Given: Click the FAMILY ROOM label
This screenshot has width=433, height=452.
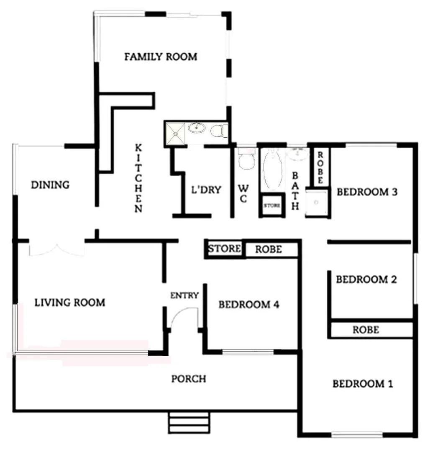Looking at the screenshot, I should point(161,56).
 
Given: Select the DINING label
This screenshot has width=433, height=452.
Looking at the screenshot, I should point(50,185).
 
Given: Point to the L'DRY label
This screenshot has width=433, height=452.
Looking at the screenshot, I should point(206,190).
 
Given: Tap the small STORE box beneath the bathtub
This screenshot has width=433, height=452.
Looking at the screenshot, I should point(272,206).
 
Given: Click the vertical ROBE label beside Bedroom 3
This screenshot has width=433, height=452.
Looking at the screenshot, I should point(320,167).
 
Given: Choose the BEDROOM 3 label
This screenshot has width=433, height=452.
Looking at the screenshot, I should point(366,192).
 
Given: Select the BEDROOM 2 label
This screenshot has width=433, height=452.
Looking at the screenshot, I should point(366,279).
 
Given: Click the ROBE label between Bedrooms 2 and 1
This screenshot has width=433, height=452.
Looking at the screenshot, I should point(366,330).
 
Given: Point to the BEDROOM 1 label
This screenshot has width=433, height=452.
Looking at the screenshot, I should point(363,384).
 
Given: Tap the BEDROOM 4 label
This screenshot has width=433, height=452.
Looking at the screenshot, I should point(249,304).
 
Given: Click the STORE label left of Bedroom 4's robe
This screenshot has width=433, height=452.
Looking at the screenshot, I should point(225,249).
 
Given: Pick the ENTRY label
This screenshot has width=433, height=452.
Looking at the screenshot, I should point(184,295).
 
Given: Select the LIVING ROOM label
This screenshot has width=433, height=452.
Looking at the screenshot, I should point(69,302).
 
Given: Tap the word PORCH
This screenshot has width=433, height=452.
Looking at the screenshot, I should point(189,379).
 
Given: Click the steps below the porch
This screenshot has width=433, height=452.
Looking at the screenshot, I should point(189,422).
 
